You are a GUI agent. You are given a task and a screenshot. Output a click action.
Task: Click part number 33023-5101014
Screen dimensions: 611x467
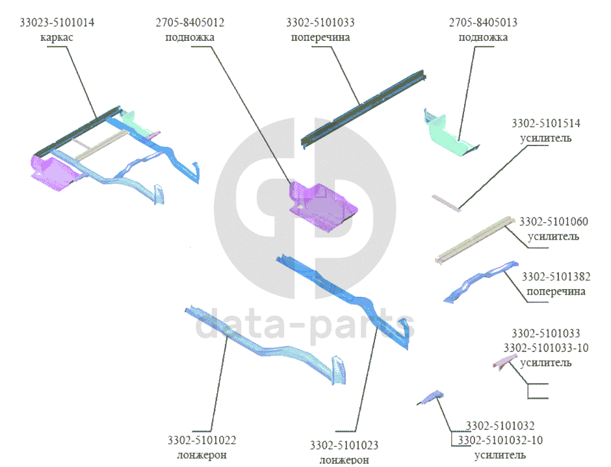pos(57,23)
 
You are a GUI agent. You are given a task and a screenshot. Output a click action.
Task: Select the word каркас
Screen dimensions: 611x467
pos(57,37)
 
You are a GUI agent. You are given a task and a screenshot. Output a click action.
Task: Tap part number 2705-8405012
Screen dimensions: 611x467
pos(190,23)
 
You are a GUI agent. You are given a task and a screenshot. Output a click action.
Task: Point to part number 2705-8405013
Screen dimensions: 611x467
pos(483,23)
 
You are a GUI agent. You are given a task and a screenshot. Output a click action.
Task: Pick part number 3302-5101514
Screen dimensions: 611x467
pos(546,123)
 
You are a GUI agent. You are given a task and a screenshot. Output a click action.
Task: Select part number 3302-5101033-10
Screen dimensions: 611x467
pos(546,348)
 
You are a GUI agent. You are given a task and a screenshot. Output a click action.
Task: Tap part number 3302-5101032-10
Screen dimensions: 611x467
pos(500,440)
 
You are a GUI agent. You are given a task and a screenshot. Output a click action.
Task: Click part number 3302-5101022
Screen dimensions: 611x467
pos(201,440)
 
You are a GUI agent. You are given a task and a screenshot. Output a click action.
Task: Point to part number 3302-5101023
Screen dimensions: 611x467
pos(344,446)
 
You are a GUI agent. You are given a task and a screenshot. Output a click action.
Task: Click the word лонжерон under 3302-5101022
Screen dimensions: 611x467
pos(201,455)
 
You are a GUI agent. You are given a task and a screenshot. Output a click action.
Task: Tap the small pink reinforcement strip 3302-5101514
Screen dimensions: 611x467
pos(447,201)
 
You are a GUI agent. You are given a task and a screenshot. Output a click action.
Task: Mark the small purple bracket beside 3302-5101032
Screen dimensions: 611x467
pos(430,396)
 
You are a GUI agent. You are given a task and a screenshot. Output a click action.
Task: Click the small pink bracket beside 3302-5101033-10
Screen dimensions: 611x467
pos(504,361)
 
